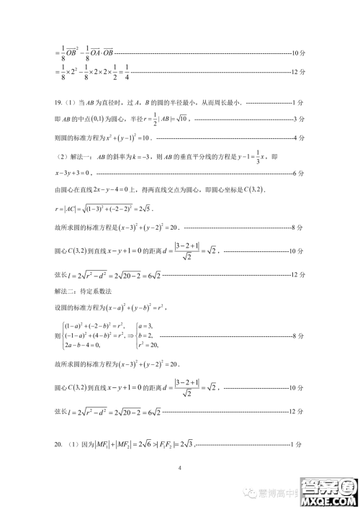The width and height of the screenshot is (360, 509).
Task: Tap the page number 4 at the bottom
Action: (x=180, y=469)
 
